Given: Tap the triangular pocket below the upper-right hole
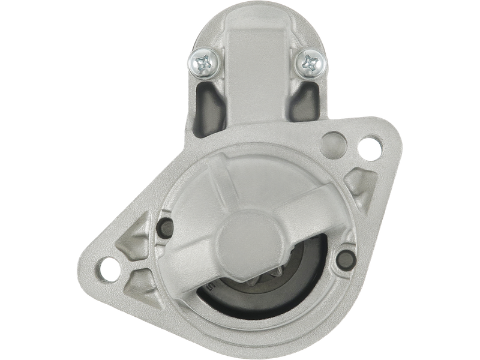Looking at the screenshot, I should (361, 179).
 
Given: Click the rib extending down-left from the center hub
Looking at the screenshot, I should (192, 264).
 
